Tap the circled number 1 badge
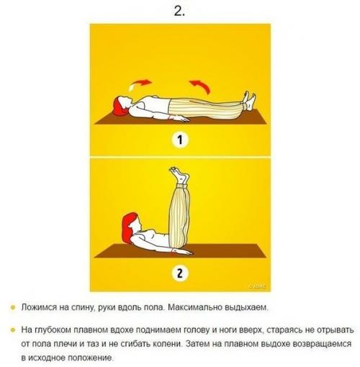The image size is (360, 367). tap(179, 141)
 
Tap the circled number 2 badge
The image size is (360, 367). tap(179, 273)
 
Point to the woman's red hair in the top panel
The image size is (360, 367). tap(120, 107)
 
